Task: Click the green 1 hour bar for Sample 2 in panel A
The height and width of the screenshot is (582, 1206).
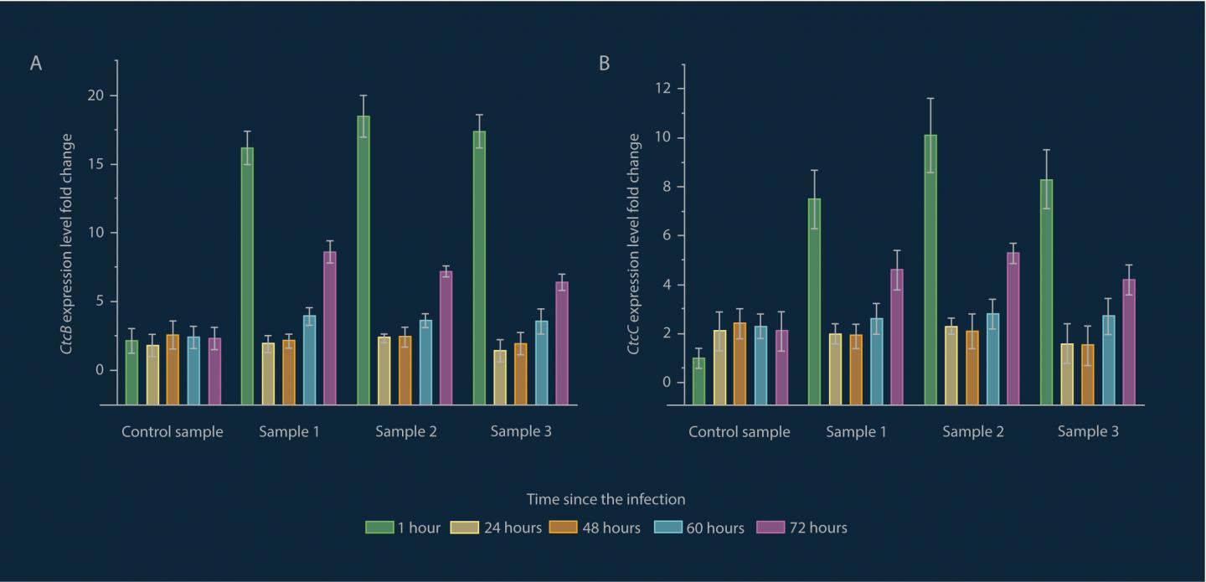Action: (363, 260)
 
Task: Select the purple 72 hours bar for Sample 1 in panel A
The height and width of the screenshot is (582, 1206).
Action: (330, 327)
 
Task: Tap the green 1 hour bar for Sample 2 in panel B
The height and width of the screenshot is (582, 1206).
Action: (930, 269)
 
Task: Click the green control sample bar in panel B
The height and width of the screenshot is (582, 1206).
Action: (698, 381)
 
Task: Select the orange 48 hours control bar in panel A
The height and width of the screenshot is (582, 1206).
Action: (173, 369)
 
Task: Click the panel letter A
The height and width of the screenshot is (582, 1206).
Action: (36, 64)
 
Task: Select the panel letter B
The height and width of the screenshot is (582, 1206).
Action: (604, 64)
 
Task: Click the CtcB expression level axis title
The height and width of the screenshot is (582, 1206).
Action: (67, 243)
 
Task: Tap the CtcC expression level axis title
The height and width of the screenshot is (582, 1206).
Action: (634, 243)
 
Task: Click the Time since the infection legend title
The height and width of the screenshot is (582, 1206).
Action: (606, 499)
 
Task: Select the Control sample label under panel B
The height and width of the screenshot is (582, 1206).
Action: (740, 432)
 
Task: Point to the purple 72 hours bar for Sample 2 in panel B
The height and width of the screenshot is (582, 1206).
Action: (1013, 328)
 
